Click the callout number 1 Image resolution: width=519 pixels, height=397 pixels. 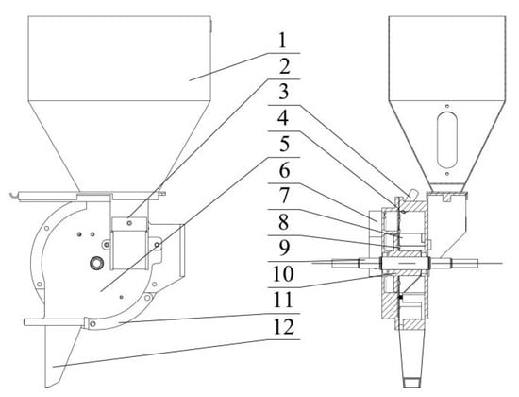click(x=282, y=42)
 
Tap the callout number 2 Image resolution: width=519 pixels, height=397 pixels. click(x=284, y=67)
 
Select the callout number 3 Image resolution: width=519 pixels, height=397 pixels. click(x=284, y=93)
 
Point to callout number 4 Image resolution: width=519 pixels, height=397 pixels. click(x=283, y=119)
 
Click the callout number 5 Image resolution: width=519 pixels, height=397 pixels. click(x=284, y=145)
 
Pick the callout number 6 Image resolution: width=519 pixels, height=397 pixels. click(x=284, y=170)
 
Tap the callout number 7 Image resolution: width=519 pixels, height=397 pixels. click(x=284, y=196)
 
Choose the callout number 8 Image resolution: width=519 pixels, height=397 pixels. click(x=284, y=222)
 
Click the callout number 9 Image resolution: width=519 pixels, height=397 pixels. click(x=284, y=248)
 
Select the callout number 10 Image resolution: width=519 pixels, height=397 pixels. click(x=283, y=274)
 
